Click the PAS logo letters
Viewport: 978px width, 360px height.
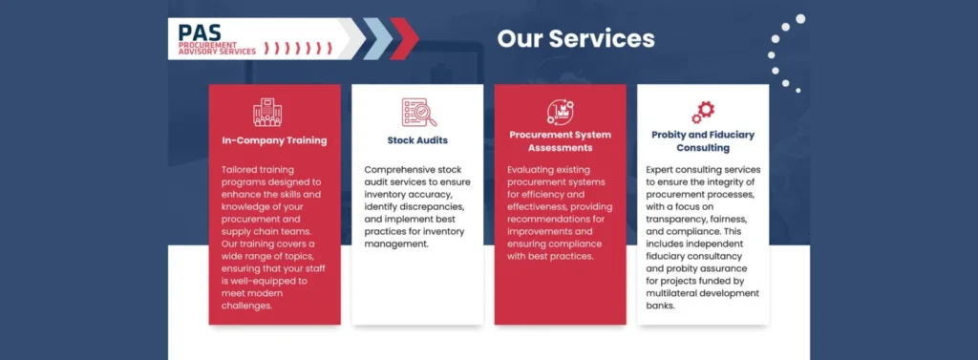[199, 32]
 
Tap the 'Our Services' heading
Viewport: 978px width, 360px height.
[576, 39]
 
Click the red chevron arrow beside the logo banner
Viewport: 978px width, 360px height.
[404, 39]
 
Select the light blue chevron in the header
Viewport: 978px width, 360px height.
[377, 39]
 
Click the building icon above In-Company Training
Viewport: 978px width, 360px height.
[267, 113]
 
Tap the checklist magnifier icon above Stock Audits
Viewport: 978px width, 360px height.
[418, 113]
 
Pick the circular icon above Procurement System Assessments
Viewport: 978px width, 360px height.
[560, 112]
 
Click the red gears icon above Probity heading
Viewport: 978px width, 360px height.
[703, 113]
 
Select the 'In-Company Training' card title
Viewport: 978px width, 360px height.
[274, 140]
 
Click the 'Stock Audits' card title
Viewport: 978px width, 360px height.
[417, 140]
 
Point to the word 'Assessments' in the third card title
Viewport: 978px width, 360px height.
[560, 148]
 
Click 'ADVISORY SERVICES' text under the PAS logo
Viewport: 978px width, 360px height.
[217, 52]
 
